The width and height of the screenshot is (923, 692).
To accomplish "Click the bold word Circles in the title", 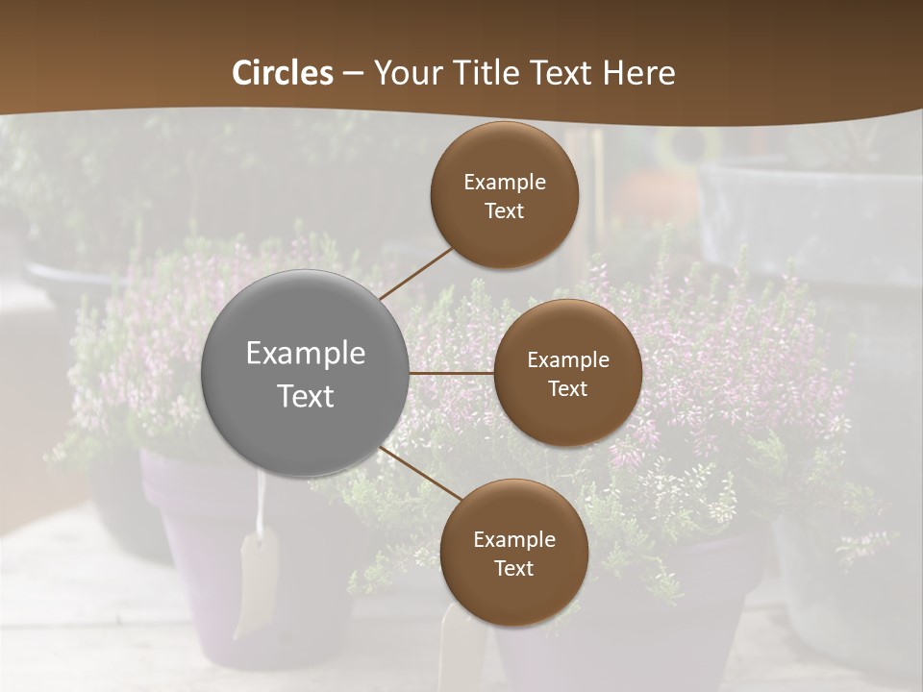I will (x=283, y=73).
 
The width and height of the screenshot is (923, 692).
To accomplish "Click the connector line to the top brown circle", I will (x=417, y=273).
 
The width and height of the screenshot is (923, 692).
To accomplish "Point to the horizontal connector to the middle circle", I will (x=451, y=372).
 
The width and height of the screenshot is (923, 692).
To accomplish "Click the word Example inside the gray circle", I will (x=306, y=354).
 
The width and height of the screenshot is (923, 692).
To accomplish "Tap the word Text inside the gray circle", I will (x=306, y=396).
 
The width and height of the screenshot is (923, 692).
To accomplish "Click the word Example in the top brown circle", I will (x=505, y=183).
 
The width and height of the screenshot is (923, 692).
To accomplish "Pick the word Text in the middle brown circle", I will (x=567, y=389).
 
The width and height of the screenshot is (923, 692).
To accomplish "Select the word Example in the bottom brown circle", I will (x=514, y=540).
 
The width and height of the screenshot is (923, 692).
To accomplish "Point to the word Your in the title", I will (x=404, y=73).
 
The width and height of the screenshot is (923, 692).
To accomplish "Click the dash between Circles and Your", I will (x=353, y=74).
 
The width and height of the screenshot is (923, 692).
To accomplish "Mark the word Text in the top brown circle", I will (x=505, y=211).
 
